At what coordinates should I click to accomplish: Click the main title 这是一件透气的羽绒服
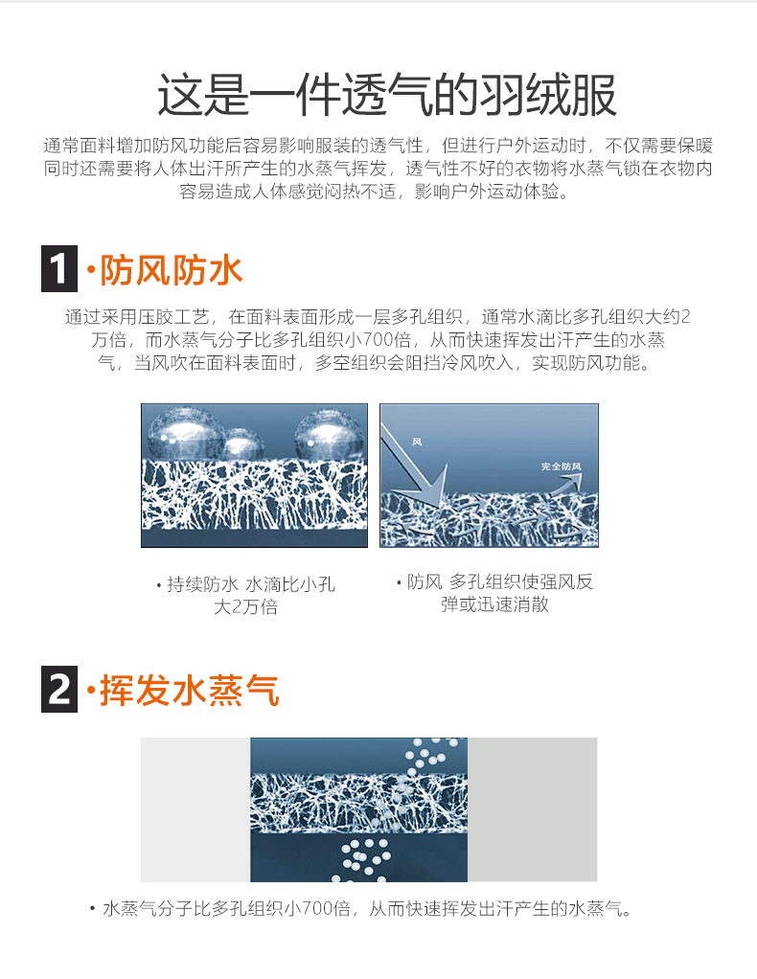coord(386,96)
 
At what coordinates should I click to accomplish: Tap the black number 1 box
coord(59,268)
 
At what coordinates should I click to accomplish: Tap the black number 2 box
coord(59,690)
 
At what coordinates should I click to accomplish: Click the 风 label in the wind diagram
coord(417,442)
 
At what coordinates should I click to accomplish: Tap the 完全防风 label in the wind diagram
coord(561,467)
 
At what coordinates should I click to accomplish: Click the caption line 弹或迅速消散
coord(494,604)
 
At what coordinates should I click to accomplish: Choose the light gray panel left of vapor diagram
coord(195,809)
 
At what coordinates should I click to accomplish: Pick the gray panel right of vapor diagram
coord(532,809)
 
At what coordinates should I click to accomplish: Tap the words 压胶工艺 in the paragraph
coord(173,317)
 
